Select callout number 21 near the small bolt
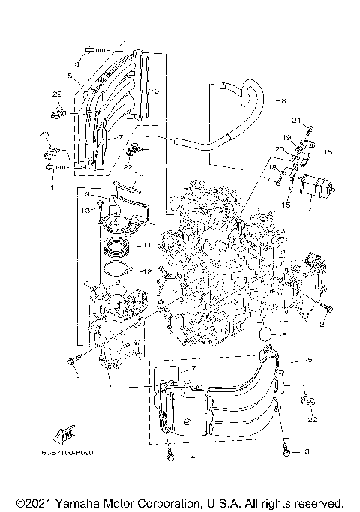tap(295, 121)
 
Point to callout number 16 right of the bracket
tap(327, 151)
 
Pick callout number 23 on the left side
tap(44, 134)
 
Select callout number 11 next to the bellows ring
tap(147, 244)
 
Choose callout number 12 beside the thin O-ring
tap(147, 271)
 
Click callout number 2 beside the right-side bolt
tap(323, 323)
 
